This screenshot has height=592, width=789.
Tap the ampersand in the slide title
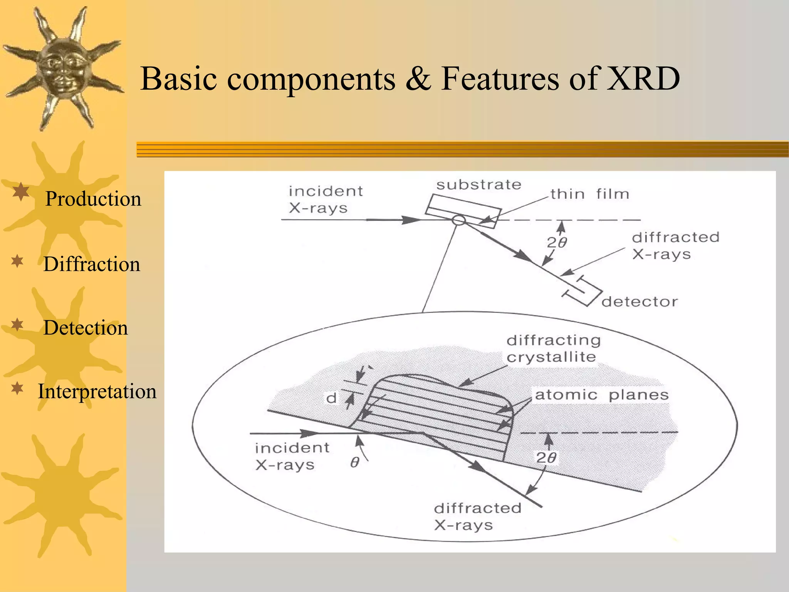click(418, 79)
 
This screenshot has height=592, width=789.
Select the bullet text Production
click(93, 199)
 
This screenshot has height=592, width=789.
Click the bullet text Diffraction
click(92, 264)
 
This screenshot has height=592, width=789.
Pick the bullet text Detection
click(86, 328)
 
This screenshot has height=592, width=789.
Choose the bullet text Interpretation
click(97, 392)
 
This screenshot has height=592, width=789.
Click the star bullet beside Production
click(21, 192)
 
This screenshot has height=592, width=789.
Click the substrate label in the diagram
click(478, 185)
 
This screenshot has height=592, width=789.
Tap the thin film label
click(589, 194)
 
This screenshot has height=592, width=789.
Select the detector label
click(640, 302)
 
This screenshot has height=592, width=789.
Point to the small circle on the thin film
click(458, 220)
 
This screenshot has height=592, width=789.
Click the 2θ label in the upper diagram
click(557, 242)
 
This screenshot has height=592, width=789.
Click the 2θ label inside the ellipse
click(546, 457)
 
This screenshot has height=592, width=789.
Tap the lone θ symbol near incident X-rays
click(355, 462)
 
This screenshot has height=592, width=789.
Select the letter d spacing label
click(331, 398)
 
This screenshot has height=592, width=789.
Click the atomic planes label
click(601, 395)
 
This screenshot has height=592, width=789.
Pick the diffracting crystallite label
click(553, 348)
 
